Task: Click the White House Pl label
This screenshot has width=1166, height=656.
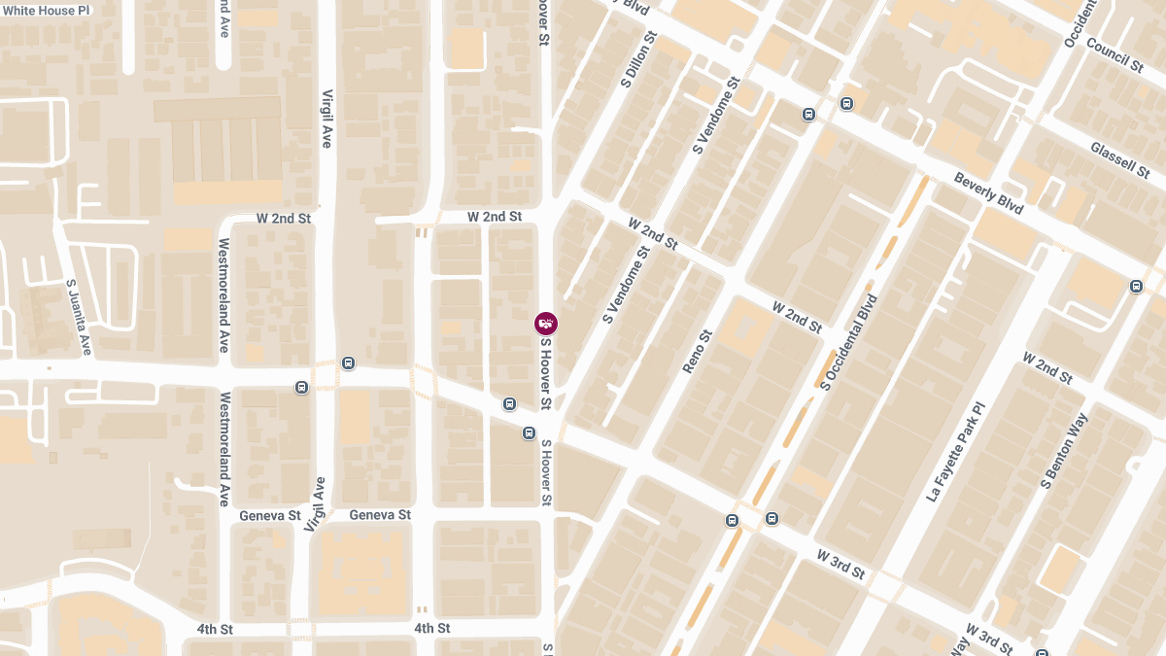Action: tap(46, 9)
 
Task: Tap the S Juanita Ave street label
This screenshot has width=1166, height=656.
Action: tap(78, 317)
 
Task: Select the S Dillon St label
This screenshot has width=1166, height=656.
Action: tap(636, 60)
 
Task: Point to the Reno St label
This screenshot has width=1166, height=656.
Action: tap(698, 351)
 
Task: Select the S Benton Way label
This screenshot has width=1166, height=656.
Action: tap(1064, 449)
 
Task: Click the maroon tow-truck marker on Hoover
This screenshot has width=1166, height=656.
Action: tap(546, 324)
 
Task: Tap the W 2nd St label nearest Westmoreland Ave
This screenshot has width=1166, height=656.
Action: tap(283, 219)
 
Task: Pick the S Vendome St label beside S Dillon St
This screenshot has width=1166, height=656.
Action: tap(717, 115)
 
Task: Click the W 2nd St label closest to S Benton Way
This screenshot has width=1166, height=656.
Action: tap(1046, 367)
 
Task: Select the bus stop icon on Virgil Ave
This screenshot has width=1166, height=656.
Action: tap(348, 363)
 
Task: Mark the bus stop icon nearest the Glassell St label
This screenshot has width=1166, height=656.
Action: tap(1136, 286)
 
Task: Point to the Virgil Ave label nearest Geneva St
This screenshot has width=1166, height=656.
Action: tap(315, 503)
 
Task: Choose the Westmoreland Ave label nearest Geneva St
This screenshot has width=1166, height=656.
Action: tap(224, 448)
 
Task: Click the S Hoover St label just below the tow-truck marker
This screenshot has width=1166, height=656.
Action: tap(546, 373)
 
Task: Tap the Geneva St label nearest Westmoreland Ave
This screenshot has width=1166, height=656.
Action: tap(269, 515)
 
